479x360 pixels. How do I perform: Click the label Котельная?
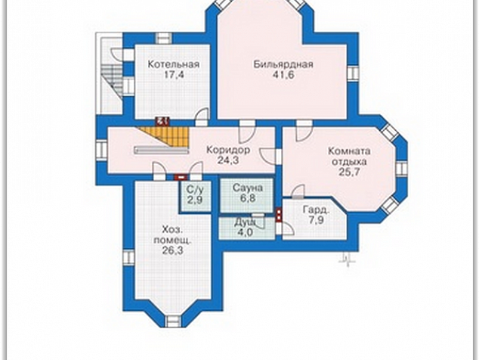point(174,64)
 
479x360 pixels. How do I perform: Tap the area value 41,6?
point(283,75)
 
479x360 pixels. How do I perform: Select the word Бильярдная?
point(283,64)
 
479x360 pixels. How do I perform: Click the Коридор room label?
point(228,150)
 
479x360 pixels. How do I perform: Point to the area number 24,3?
point(228,160)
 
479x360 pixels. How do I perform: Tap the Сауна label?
point(248,188)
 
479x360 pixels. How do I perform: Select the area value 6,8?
point(248,198)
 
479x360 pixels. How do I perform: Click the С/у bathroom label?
point(195,190)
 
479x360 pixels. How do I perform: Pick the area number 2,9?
point(195,200)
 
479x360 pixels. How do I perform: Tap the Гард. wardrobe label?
point(316,210)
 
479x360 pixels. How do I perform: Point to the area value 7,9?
point(316,220)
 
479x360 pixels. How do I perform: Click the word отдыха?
point(350,161)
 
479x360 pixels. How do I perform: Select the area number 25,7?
point(350,172)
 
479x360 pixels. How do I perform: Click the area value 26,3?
point(172,250)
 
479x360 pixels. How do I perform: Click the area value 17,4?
point(174,75)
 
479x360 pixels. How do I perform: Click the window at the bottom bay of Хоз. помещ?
point(173,321)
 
